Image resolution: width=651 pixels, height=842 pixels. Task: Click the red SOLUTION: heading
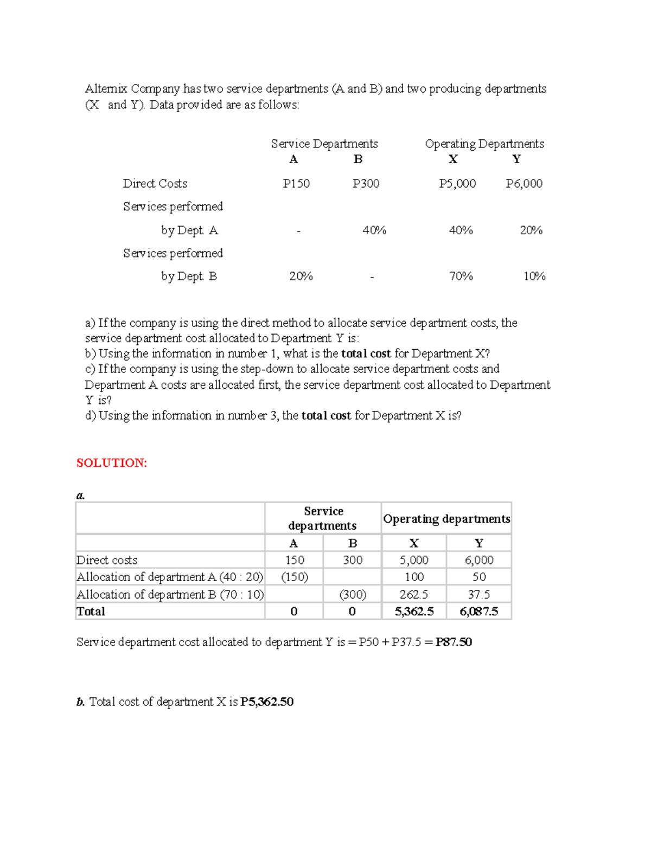tap(112, 462)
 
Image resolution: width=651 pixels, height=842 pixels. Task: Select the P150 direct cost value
tap(296, 183)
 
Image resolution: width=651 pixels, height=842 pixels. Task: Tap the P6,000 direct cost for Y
tap(524, 183)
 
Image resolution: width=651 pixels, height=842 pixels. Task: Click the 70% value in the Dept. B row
tap(461, 276)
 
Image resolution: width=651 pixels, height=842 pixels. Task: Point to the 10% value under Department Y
tap(534, 276)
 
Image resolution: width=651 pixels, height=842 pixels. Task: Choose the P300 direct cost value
tap(366, 183)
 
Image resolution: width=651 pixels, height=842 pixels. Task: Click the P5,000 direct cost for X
tap(457, 183)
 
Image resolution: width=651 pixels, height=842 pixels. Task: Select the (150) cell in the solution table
tap(294, 577)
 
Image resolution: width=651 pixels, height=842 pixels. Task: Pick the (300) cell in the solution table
tap(353, 594)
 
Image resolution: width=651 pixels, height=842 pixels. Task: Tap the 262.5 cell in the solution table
tap(414, 594)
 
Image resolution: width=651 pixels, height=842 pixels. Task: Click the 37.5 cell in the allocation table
tap(478, 594)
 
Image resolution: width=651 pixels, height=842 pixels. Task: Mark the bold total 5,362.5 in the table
tap(414, 612)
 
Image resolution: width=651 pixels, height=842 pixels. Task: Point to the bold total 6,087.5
tap(478, 612)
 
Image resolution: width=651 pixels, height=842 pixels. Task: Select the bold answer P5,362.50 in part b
tap(267, 702)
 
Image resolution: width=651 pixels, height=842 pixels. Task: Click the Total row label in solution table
tap(91, 612)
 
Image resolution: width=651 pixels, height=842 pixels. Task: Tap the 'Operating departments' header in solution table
tap(446, 519)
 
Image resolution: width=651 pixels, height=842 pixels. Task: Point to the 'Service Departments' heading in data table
tap(324, 144)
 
